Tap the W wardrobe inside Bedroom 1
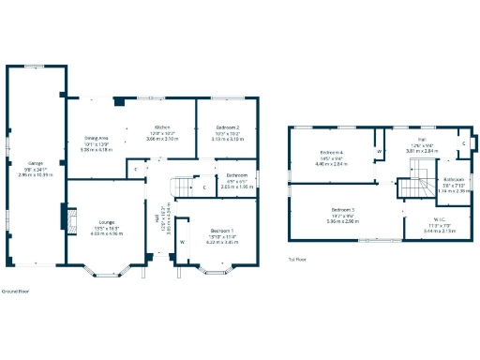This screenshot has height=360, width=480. pos(183,242)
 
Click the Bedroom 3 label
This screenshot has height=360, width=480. pos(342,210)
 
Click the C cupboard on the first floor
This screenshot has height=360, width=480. pos(463,143)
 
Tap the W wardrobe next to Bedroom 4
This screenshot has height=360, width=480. pos(380,150)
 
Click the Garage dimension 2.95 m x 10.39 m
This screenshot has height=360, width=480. pos(36,174)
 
